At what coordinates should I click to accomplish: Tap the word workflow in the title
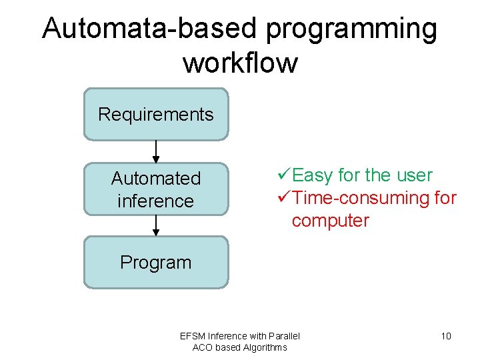[240, 63]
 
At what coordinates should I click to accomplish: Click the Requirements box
[156, 115]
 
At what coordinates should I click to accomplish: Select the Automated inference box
[156, 189]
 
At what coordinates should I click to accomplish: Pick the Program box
[156, 263]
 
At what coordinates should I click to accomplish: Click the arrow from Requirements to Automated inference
[156, 151]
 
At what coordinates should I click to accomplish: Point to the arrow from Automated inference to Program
[156, 225]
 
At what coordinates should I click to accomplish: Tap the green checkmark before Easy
[283, 175]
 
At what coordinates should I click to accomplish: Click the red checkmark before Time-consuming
[283, 198]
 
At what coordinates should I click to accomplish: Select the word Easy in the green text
[313, 176]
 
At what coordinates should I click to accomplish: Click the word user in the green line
[414, 176]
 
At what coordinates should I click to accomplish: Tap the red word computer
[330, 221]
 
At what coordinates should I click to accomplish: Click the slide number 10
[446, 336]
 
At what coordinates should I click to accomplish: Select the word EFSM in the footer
[193, 336]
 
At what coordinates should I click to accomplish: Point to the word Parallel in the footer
[283, 336]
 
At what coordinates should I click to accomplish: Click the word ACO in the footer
[203, 347]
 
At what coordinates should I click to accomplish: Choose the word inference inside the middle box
[155, 201]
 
